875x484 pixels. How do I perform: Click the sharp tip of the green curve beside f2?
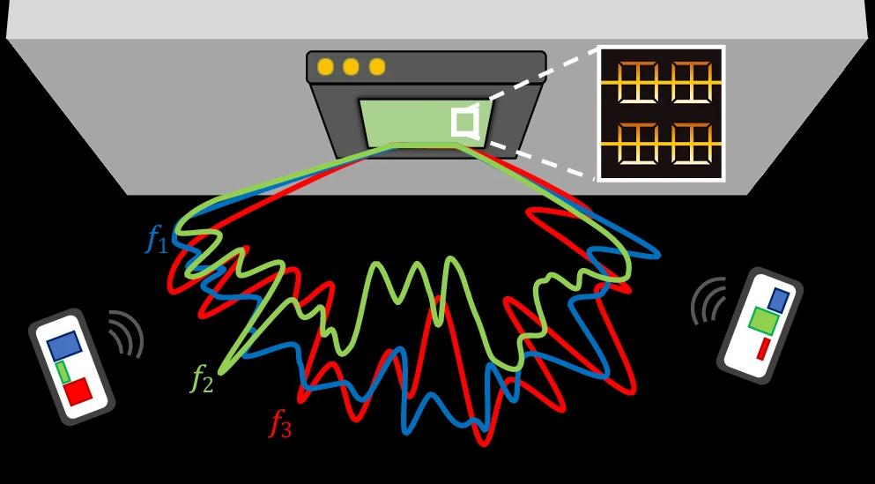pos(221,372)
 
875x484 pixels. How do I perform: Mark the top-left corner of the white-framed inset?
pos(597,46)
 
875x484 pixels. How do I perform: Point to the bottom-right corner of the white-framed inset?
pos(724,181)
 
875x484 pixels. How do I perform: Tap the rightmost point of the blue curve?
pos(660,256)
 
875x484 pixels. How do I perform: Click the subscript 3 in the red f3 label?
pos(285,430)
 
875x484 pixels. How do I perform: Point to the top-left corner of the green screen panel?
pos(360,101)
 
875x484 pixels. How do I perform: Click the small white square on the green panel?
pos(464,122)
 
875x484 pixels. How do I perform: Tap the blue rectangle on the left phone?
pos(64,346)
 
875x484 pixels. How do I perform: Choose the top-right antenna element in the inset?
pos(692,83)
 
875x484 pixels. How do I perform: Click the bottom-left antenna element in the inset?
pos(638,144)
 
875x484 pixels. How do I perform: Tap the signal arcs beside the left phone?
pos(126,334)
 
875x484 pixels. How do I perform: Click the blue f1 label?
pos(157,241)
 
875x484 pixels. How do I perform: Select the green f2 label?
pos(202,380)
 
